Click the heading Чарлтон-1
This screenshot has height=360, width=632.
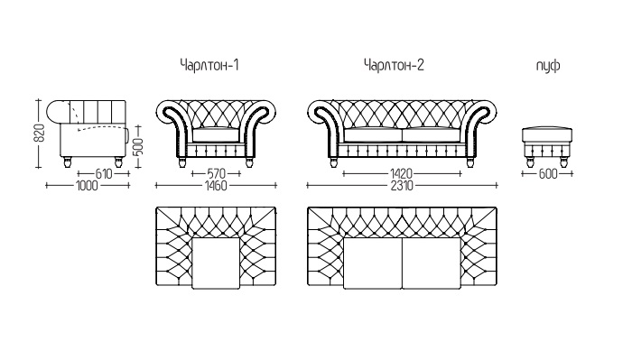(209, 65)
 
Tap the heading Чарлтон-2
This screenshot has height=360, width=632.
(394, 65)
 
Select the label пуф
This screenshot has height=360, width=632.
(548, 65)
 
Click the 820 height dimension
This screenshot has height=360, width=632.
(39, 133)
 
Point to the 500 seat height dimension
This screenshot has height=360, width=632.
(138, 147)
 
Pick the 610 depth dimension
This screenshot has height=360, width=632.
(104, 174)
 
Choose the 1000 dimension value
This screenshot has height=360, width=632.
(87, 186)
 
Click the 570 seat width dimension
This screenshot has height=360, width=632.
(216, 174)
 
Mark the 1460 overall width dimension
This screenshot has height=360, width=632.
(216, 186)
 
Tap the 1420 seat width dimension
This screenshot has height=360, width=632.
(402, 174)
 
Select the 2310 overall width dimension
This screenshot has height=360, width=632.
(402, 186)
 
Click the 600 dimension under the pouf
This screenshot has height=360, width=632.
(548, 174)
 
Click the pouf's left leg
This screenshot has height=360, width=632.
(531, 162)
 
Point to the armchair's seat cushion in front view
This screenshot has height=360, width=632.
(216, 134)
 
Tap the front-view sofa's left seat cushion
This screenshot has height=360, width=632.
(373, 134)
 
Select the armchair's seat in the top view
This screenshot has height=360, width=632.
(216, 263)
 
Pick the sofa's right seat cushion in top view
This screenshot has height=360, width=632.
(432, 263)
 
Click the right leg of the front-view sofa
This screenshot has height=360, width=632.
(470, 162)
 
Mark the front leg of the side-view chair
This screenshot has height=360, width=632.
(118, 162)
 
